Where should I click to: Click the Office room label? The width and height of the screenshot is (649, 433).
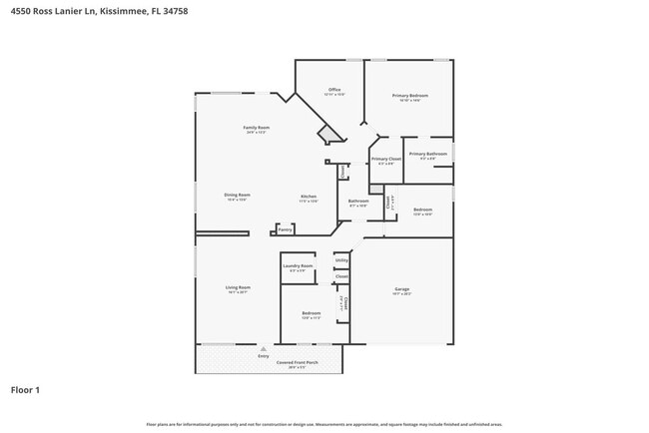click(x=334, y=90)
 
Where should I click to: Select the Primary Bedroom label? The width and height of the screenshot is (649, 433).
click(x=409, y=96)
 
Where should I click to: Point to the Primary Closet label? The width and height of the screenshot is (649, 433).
click(x=385, y=160)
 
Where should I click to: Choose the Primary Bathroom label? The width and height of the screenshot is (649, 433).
click(x=426, y=154)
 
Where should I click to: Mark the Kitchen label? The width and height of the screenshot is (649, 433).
click(x=310, y=197)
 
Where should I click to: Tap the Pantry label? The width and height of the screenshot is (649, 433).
click(x=286, y=229)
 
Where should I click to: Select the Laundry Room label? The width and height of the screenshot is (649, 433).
click(x=298, y=266)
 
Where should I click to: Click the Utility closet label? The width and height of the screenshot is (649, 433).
click(x=341, y=260)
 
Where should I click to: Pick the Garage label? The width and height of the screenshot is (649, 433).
click(x=401, y=289)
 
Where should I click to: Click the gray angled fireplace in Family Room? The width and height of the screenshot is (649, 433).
click(x=328, y=135)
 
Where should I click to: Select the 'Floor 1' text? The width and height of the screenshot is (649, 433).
click(x=25, y=390)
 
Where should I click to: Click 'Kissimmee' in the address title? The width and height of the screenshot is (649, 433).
click(x=123, y=11)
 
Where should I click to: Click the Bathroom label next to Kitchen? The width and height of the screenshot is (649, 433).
click(x=358, y=201)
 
